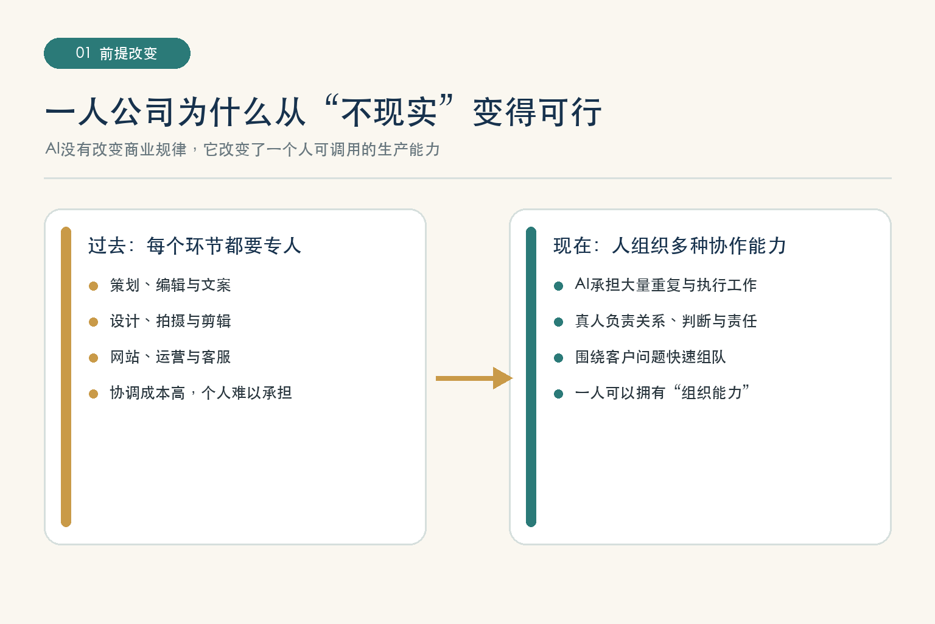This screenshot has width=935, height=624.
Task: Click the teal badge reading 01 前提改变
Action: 117,53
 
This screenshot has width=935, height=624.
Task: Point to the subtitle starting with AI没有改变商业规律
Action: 242,149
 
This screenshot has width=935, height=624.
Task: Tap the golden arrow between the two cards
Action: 474,378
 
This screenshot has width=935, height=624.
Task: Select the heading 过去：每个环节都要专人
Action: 195,246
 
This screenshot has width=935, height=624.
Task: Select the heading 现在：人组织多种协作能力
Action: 670,246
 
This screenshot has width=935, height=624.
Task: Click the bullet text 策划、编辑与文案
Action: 170,285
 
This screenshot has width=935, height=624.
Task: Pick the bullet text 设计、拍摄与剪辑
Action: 170,321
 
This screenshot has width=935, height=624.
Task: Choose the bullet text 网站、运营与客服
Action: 170,357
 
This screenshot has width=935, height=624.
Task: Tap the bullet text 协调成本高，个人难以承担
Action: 201,393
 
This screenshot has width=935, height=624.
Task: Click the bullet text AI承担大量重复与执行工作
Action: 666,285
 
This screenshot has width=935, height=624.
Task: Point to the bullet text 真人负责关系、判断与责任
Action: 666,321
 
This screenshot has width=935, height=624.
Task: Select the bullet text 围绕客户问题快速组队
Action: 650,357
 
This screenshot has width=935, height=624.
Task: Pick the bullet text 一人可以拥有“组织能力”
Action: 662,393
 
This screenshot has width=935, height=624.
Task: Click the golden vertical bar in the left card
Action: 66,377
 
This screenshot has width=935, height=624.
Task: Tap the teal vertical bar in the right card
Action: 531,377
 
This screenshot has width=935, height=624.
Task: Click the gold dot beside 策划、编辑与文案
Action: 94,286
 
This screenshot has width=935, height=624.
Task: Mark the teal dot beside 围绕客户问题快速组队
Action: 558,358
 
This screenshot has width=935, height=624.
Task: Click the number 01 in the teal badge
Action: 83,52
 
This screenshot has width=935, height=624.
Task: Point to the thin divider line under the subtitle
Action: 467,178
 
